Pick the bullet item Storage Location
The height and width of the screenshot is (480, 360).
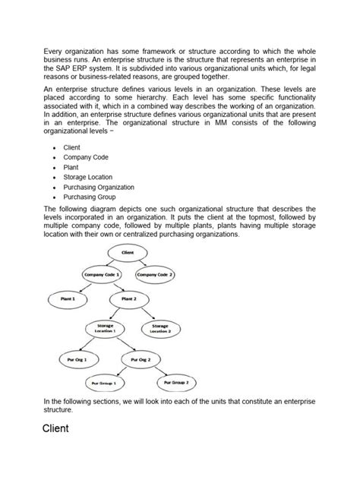(x=88, y=176)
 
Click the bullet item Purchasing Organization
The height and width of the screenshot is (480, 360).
(x=99, y=186)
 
